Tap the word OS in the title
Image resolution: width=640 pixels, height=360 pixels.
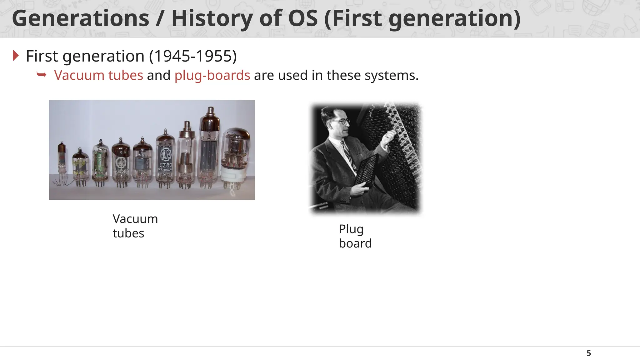[x=302, y=18]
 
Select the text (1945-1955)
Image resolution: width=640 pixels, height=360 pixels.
[x=193, y=56]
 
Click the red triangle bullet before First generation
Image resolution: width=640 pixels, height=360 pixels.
[x=16, y=56]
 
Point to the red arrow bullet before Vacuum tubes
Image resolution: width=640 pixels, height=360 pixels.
[x=42, y=75]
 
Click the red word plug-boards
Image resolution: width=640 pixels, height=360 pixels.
[x=212, y=75]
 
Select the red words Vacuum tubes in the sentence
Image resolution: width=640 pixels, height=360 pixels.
[x=98, y=75]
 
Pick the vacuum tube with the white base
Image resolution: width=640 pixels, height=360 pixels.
[x=235, y=159]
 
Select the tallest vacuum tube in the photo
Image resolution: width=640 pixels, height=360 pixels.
[x=209, y=147]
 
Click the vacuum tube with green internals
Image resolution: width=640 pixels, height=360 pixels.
[x=100, y=162]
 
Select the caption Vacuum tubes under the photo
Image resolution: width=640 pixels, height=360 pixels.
[x=135, y=226]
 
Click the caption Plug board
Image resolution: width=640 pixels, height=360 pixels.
[x=355, y=236]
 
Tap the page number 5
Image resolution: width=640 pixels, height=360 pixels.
[x=589, y=353]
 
